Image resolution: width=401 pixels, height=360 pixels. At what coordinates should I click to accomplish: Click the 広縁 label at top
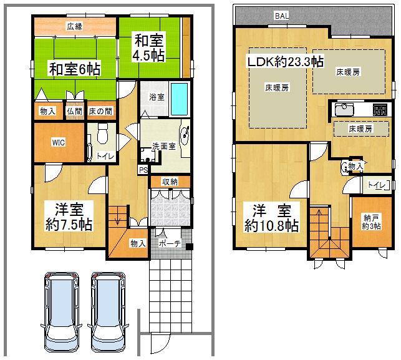coord(74,26)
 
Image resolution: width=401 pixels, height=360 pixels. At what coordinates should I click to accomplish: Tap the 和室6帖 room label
coord(75,67)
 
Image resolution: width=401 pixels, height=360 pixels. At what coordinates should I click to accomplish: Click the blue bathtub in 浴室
coord(179,97)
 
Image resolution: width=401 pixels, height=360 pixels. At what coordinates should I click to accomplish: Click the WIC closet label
coord(57,141)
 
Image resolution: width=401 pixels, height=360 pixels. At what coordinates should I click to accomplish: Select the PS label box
coord(143,170)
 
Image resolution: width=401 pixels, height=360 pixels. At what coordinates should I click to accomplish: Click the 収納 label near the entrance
coord(170,182)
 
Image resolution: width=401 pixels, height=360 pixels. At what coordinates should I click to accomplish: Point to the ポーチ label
coord(170,244)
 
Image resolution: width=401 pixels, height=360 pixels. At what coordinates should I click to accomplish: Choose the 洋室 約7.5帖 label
coord(69,216)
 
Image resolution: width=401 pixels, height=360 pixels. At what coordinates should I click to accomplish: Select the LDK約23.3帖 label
coord(284,61)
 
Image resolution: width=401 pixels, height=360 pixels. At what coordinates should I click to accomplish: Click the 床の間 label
coord(100,111)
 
